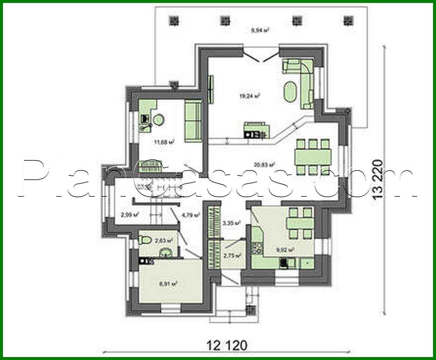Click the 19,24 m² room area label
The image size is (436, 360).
250,96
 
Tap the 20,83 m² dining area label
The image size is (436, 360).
264,164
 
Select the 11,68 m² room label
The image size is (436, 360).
164,142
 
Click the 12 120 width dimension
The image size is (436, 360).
227,345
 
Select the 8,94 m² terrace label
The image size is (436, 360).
260,30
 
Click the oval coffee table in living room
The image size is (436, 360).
291,92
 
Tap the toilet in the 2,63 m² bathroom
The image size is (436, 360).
144,241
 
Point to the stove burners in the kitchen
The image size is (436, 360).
256,248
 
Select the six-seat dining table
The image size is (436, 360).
313,156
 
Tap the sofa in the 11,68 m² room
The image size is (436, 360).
193,121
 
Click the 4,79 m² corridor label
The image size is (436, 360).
190,215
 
